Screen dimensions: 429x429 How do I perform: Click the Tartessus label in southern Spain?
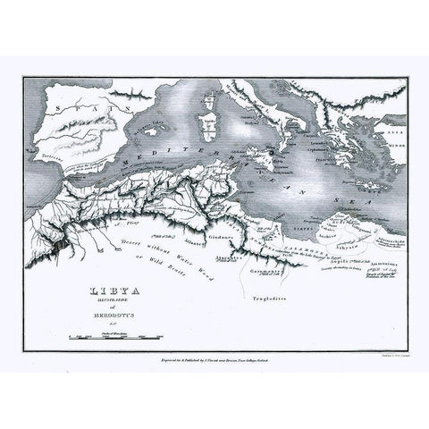click(x=46, y=154)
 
